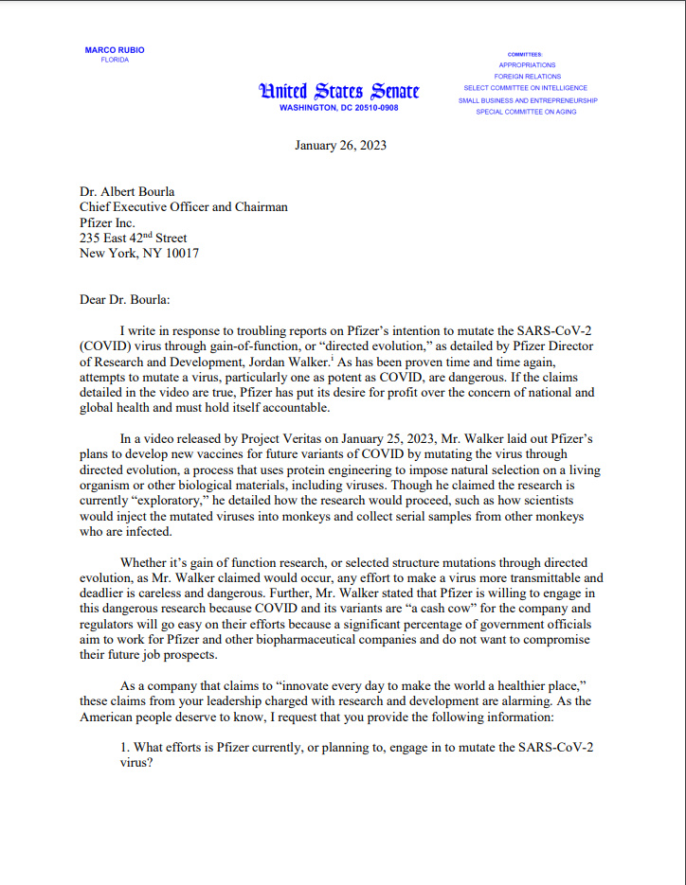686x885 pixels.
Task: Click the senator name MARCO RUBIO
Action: pos(115,49)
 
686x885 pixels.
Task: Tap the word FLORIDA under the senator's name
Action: pos(115,60)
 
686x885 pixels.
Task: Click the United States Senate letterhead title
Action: pos(338,91)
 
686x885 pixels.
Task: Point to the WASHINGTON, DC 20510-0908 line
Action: pos(338,108)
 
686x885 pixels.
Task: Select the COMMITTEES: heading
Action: pos(525,54)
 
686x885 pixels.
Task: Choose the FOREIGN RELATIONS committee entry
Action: pos(527,77)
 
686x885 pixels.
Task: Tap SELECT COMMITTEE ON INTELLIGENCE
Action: pos(527,88)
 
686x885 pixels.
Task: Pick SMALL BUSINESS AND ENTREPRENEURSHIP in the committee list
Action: pos(527,99)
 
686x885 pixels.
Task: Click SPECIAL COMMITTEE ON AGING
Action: pos(527,112)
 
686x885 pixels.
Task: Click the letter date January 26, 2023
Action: pos(340,146)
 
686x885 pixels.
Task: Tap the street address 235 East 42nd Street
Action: pos(134,238)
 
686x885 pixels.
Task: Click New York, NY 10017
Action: pos(139,253)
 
